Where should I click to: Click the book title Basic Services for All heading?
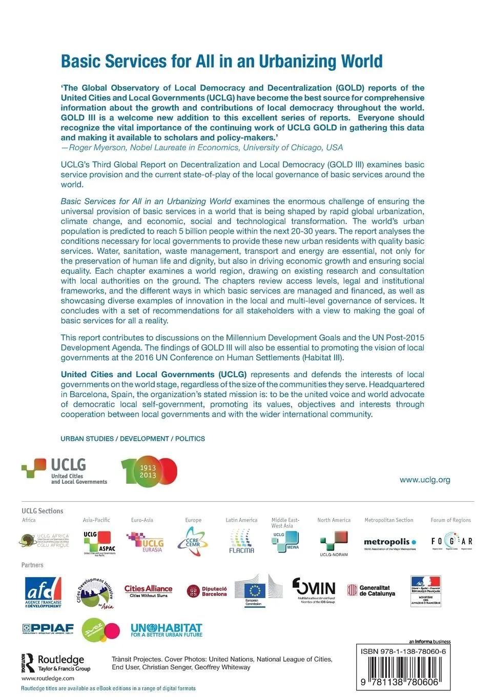(x=221, y=61)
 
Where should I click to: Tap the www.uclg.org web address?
(x=424, y=480)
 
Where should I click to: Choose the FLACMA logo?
(x=241, y=542)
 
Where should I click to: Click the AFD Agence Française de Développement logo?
(x=44, y=592)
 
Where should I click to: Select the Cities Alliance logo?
(x=148, y=590)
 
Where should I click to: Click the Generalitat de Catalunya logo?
(x=372, y=590)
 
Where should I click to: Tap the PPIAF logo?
(x=48, y=628)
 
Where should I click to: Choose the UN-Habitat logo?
(x=166, y=630)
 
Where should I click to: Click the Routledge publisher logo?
(x=56, y=662)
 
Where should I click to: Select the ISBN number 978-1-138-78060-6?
(x=403, y=651)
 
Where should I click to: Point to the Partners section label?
(x=32, y=565)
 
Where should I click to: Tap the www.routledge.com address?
(x=41, y=679)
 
